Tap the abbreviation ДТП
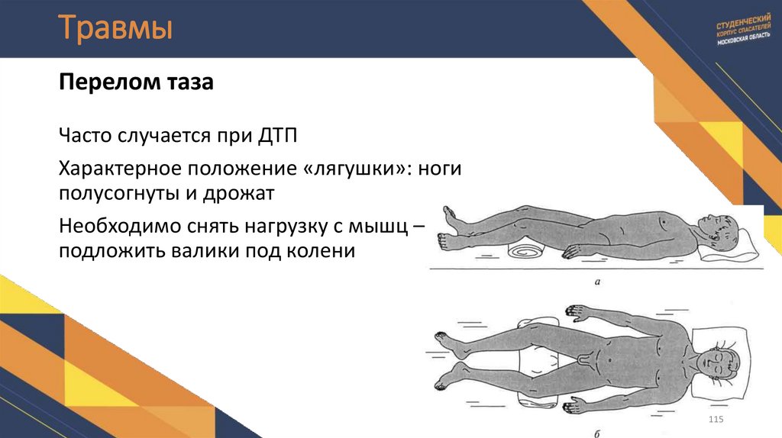[x=276, y=138]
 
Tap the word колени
[x=325, y=251]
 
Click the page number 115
[x=716, y=422]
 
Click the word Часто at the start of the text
[x=85, y=138]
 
